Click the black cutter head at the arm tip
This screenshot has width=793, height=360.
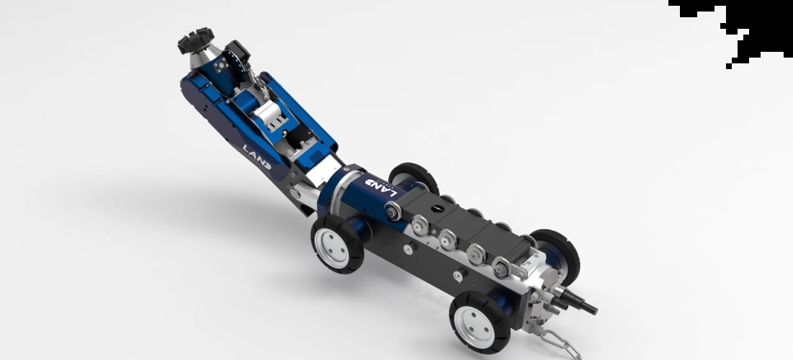[x=195, y=40]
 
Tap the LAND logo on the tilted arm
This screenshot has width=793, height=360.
[x=257, y=157]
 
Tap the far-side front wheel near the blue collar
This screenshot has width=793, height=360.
[x=413, y=177]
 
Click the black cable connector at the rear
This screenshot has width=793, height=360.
[x=576, y=302]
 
